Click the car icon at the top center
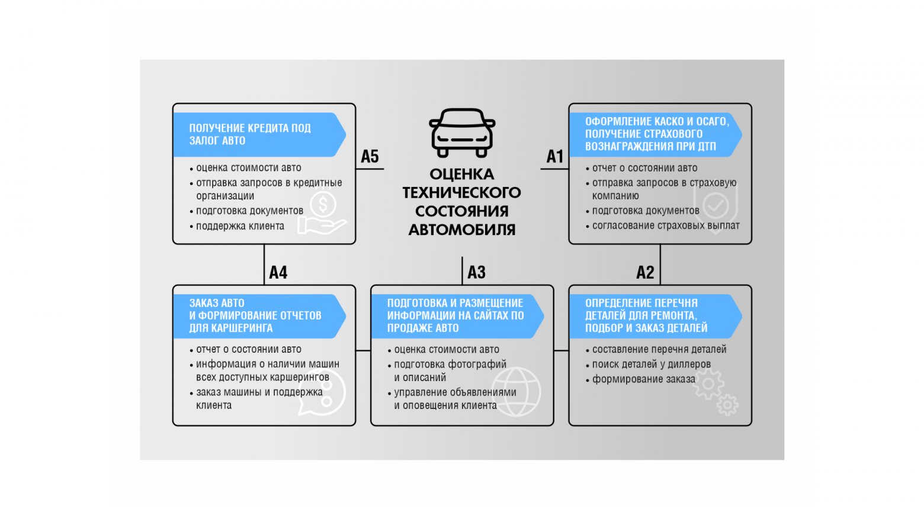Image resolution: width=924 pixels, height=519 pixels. pyautogui.click(x=462, y=133)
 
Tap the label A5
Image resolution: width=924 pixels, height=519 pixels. pyautogui.click(x=370, y=156)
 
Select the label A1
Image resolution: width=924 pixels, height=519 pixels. pyautogui.click(x=554, y=156)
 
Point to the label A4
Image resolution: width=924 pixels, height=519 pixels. pyautogui.click(x=278, y=272)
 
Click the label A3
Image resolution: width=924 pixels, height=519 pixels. pyautogui.click(x=476, y=272)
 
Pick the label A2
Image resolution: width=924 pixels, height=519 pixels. pyautogui.click(x=645, y=272)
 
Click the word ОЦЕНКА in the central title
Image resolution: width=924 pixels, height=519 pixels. pyautogui.click(x=462, y=175)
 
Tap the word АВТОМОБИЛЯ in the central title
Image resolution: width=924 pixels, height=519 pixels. pyautogui.click(x=462, y=230)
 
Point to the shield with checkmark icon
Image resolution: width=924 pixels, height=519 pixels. pyautogui.click(x=716, y=207)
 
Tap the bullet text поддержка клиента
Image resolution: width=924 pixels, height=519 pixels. pyautogui.click(x=240, y=226)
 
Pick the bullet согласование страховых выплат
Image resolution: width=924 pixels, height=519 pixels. pyautogui.click(x=666, y=225)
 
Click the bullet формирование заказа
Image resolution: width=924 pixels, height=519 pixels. pyautogui.click(x=643, y=379)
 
